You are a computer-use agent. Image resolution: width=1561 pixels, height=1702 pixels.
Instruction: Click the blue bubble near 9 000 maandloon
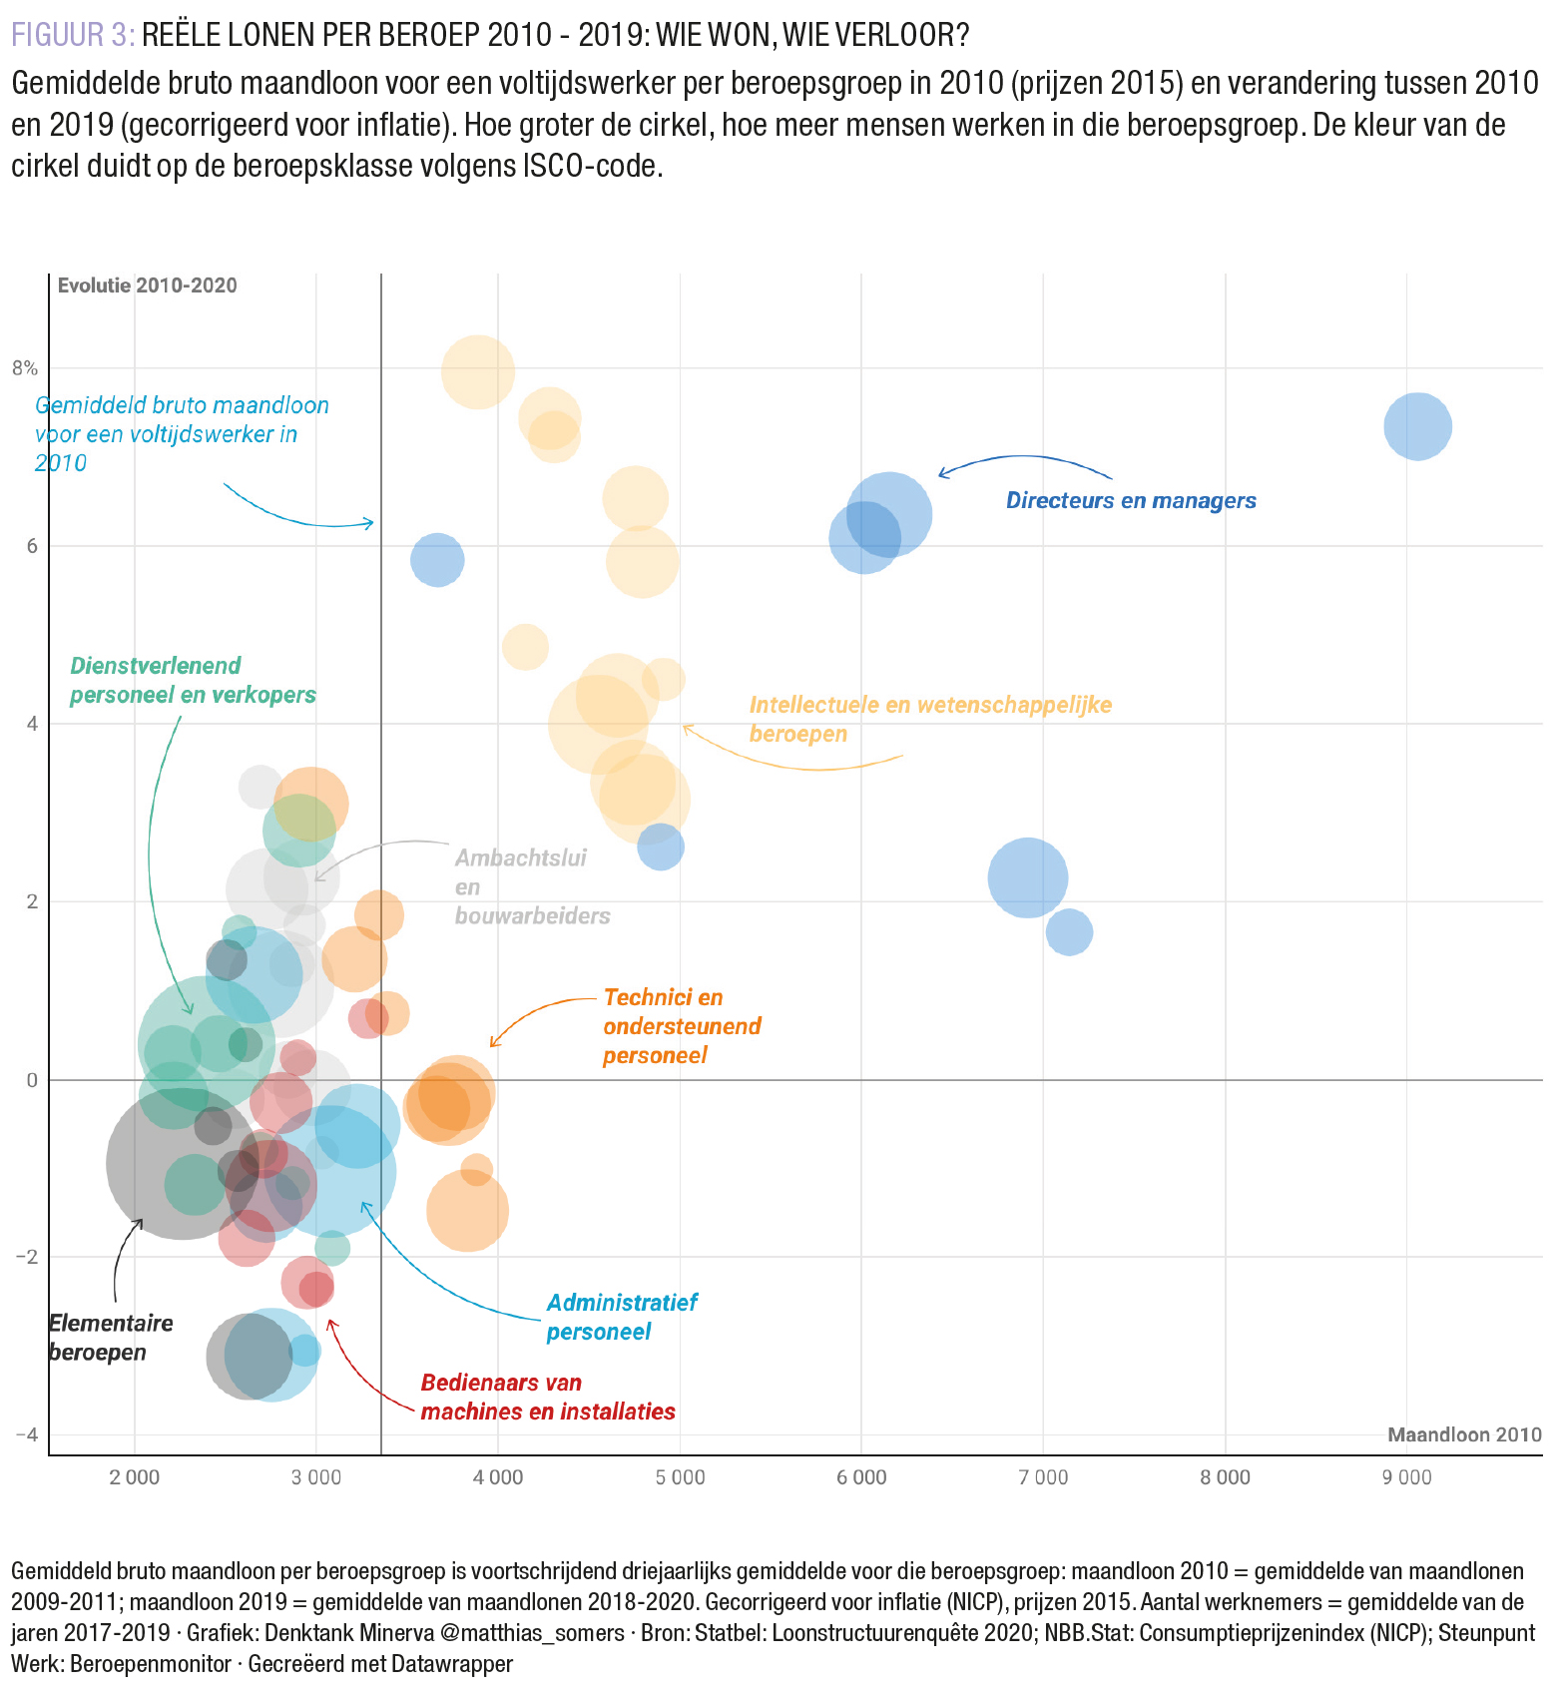point(1417,426)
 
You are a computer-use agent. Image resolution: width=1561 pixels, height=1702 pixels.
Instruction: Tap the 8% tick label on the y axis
point(25,368)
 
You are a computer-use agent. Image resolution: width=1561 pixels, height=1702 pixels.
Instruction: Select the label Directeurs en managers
point(1130,501)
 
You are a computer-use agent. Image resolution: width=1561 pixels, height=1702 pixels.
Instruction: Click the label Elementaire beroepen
point(110,1338)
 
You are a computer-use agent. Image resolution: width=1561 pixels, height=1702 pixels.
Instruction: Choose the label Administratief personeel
point(621,1317)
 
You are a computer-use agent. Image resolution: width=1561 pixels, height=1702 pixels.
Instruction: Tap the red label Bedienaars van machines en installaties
point(547,1397)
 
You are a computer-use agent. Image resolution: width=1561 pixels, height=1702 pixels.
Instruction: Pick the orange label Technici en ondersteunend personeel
point(681,1026)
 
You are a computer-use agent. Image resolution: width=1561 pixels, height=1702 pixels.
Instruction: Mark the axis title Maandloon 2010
point(1463,1434)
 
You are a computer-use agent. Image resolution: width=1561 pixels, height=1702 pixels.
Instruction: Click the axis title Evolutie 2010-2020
point(147,285)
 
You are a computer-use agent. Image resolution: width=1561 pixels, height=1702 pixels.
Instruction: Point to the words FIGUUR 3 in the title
point(72,35)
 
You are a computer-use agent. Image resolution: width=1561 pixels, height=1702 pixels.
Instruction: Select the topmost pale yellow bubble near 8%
point(478,372)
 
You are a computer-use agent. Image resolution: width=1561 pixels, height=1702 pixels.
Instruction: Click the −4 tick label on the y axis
point(25,1434)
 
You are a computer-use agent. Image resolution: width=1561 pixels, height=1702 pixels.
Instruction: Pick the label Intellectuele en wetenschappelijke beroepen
point(929,719)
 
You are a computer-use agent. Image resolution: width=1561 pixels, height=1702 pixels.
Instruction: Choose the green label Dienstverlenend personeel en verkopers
point(193,680)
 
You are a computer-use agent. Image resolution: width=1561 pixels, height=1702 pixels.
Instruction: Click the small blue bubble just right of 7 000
point(1069,932)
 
